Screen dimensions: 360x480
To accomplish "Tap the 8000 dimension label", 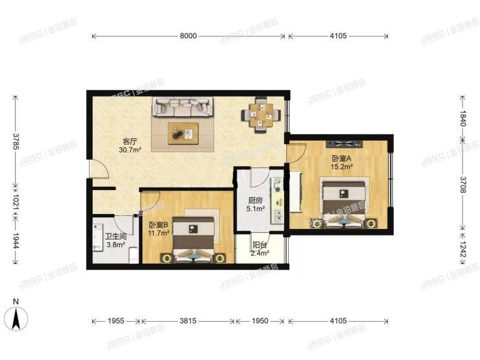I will (188, 36).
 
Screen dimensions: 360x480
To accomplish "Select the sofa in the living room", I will (184, 106).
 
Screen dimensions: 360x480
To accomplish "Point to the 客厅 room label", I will (130, 141).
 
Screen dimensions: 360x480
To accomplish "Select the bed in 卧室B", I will (195, 238).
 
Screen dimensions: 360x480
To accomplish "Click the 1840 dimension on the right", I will (463, 117).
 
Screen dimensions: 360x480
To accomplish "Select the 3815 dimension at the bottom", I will (188, 321).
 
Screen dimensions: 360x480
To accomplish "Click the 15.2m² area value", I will (341, 167).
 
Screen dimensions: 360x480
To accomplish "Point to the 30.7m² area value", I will (130, 150).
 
